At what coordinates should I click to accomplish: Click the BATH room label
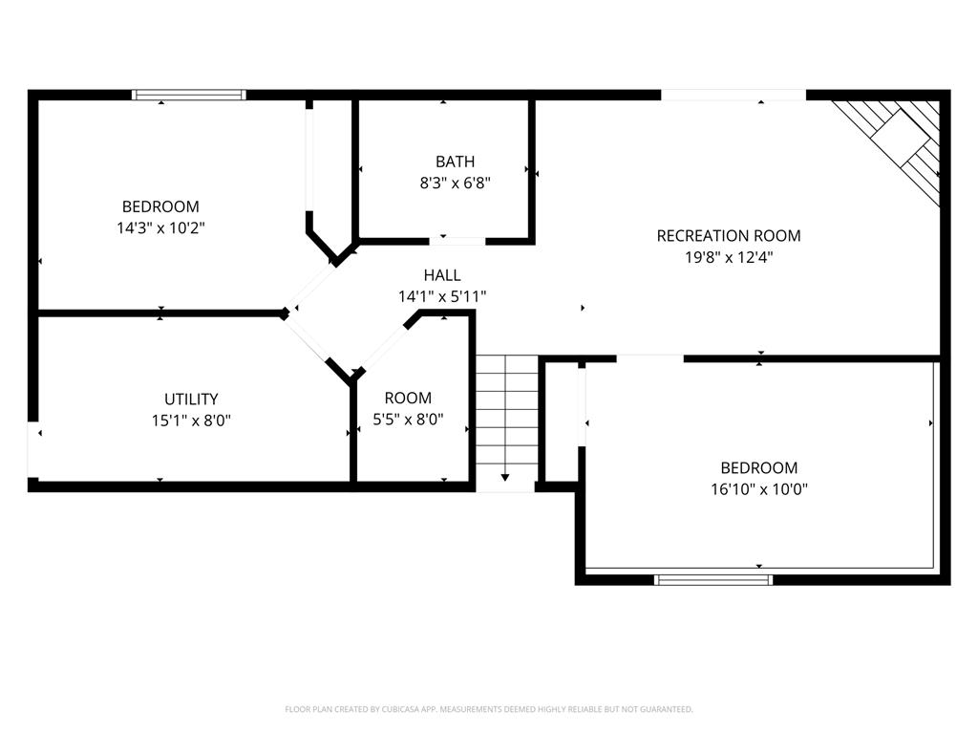(x=455, y=162)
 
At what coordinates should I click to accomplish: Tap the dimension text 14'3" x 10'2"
(x=160, y=227)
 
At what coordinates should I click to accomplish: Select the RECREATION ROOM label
(x=728, y=235)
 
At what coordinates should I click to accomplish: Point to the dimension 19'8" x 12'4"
(x=728, y=256)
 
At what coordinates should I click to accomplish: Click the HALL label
(x=442, y=275)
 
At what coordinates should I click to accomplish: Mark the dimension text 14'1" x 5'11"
(x=442, y=296)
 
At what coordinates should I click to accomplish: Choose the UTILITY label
(x=191, y=399)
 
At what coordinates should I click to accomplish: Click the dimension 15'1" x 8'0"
(x=191, y=420)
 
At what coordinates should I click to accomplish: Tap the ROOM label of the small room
(x=408, y=398)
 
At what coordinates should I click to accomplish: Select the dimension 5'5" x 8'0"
(x=408, y=420)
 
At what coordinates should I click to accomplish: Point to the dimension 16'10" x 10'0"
(x=758, y=488)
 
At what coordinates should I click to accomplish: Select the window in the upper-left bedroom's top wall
(x=188, y=95)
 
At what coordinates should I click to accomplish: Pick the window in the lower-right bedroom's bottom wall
(x=712, y=578)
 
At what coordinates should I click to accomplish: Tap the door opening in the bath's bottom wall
(x=457, y=240)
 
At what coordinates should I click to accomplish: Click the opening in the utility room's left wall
(x=33, y=449)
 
